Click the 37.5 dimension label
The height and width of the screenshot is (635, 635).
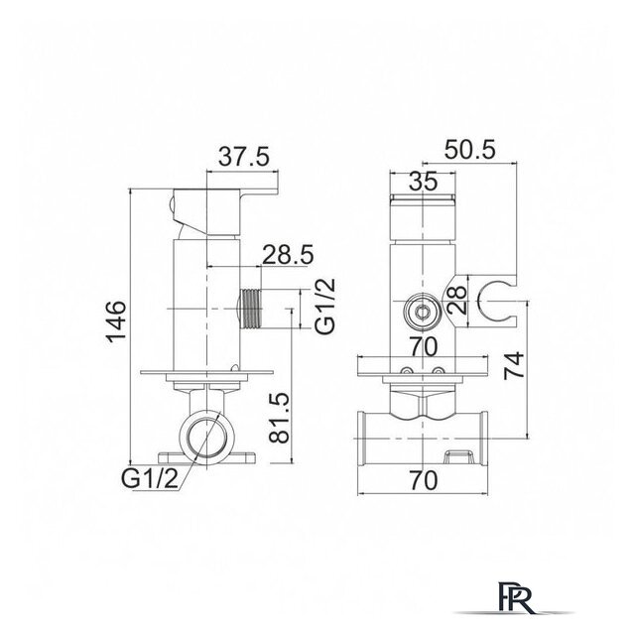(244, 157)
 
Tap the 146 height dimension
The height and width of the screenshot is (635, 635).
(117, 321)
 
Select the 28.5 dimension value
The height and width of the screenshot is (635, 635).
(289, 255)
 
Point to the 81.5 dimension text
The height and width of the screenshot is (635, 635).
(280, 418)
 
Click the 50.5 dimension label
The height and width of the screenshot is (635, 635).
(469, 150)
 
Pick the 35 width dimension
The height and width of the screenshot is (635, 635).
(424, 181)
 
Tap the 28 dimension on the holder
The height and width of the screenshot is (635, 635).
(457, 301)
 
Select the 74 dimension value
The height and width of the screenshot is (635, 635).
(514, 366)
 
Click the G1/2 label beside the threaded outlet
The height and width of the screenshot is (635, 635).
(326, 306)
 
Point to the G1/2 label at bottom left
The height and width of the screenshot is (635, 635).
(150, 479)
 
